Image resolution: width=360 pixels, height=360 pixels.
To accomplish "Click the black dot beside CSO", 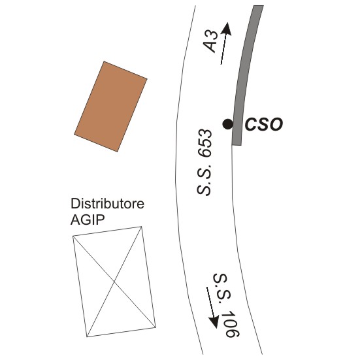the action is point(228,124).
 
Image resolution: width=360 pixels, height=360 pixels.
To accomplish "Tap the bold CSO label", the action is point(264,124).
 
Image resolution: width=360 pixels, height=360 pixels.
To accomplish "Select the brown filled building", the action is point(110,106).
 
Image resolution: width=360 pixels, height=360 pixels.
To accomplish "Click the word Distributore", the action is point(107,204).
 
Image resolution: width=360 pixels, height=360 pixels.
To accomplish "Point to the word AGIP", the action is point(88,220).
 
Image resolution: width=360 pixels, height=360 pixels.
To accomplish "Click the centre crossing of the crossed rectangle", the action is point(114,281).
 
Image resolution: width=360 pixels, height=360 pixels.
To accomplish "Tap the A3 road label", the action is point(211,42).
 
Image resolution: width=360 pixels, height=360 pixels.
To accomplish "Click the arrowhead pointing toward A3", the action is point(227,29).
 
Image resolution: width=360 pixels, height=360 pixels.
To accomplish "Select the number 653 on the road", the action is point(205,144).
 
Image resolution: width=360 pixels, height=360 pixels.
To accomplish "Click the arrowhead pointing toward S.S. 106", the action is point(214,321).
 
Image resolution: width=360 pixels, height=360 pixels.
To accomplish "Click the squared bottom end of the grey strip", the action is point(237,145).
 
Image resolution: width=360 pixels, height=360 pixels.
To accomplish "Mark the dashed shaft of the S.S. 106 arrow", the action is point(210,301).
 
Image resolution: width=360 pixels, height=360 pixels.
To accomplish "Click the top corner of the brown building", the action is point(104,61).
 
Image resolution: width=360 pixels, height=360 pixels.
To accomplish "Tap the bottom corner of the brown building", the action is point(118,152).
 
